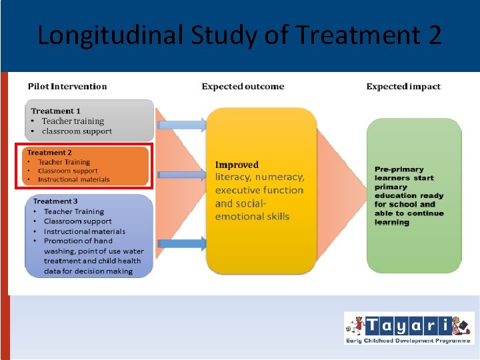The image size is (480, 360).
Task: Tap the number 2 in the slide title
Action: (433, 35)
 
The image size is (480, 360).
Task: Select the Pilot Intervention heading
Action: (67, 86)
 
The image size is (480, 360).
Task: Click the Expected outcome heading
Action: (243, 86)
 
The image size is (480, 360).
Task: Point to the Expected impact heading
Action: (403, 86)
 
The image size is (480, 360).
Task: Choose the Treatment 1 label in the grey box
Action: (56, 111)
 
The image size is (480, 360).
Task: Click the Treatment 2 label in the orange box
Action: (49, 153)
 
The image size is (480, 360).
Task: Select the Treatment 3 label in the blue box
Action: (55, 201)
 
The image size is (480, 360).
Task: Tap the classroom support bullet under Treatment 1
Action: (77, 131)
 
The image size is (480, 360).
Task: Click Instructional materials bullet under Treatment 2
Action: (73, 180)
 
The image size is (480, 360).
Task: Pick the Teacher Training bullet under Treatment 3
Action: (73, 211)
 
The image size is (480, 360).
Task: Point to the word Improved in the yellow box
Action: (237, 165)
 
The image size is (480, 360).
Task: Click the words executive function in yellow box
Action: (259, 190)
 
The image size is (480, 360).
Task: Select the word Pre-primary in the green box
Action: (399, 169)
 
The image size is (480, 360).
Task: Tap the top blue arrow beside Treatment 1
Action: (183, 123)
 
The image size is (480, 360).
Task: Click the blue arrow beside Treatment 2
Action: (183, 175)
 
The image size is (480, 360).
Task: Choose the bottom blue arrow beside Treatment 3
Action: (183, 243)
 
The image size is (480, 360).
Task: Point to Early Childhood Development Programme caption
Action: (408, 341)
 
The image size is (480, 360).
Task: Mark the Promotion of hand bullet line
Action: (78, 241)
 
